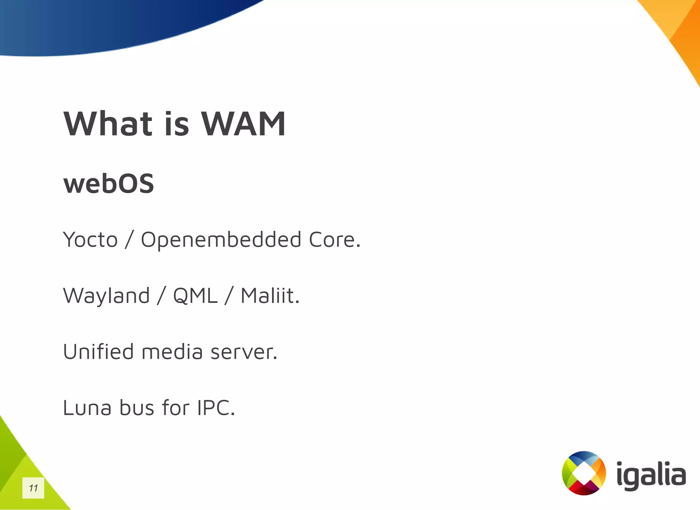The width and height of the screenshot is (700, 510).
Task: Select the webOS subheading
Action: pos(109,183)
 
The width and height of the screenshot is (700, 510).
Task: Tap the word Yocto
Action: pos(90,239)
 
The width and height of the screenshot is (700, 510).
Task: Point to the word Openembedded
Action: pos(221,239)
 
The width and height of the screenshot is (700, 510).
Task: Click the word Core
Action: pos(334,239)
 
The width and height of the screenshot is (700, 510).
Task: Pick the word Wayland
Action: pos(106,295)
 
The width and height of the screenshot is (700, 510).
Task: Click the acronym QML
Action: pos(195,295)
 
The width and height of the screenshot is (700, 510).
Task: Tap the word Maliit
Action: pos(270,295)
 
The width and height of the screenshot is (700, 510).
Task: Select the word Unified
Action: pos(98,352)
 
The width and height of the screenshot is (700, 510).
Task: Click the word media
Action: pos(172,352)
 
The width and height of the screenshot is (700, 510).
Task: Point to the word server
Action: pos(243,352)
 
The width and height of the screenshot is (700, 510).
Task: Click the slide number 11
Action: pos(33,488)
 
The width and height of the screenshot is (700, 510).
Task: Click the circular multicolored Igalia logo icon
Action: pos(584,473)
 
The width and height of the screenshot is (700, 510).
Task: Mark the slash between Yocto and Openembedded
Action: pos(129,239)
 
